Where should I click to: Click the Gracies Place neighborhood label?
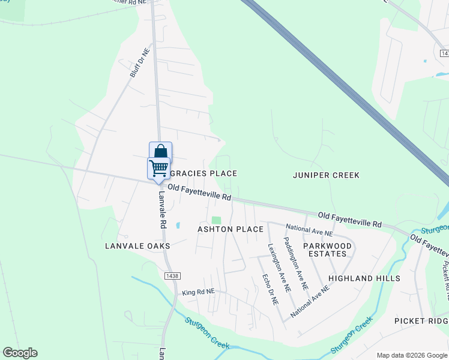tap(203, 173)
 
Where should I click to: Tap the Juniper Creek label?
tap(326, 175)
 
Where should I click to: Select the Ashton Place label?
tap(231, 229)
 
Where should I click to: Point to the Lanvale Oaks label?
tap(137, 246)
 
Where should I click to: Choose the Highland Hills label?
tap(364, 278)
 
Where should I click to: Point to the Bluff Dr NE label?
tap(139, 63)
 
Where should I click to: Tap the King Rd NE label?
tap(197, 293)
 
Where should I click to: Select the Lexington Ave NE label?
tap(279, 267)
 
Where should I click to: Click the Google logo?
tap(20, 353)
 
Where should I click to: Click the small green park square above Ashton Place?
tap(216, 221)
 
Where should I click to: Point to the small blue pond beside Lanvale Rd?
tap(178, 226)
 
